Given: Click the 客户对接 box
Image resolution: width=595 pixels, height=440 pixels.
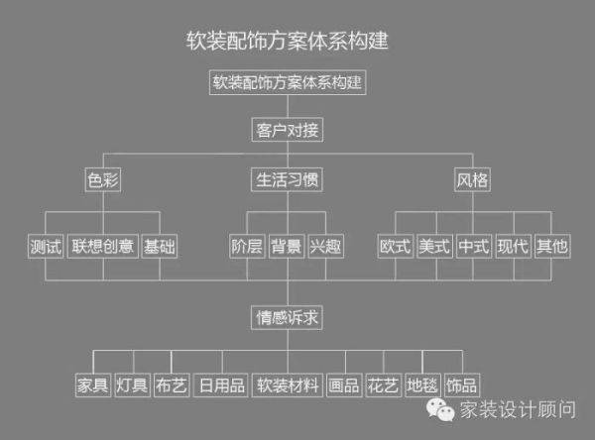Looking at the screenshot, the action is click(288, 130).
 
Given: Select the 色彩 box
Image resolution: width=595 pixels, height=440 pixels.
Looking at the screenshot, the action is click(103, 179).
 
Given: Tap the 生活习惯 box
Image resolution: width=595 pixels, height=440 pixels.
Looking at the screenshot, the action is click(287, 179).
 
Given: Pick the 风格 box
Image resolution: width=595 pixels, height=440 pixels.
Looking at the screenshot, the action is click(472, 179).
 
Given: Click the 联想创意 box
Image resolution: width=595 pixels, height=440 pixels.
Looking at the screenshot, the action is click(103, 246).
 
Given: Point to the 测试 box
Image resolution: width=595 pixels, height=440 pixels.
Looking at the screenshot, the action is click(46, 246).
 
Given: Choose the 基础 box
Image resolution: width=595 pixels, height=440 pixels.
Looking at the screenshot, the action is click(160, 246).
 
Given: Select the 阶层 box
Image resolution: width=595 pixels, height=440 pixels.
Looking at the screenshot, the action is click(247, 246).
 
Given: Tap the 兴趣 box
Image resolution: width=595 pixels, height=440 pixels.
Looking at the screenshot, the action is click(325, 246).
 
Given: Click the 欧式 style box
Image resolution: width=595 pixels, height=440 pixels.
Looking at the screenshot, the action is click(396, 246).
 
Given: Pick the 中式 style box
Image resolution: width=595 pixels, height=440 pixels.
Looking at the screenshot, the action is click(474, 246).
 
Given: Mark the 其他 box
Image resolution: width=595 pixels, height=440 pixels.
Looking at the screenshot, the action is click(552, 246).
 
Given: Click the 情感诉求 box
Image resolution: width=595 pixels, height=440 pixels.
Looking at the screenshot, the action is click(287, 317).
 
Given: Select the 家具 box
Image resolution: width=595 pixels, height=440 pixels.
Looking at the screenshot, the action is click(93, 385).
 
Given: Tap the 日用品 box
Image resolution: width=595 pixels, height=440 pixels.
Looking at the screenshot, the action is click(221, 385).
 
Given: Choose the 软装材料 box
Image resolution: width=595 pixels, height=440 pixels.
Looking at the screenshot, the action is click(288, 385).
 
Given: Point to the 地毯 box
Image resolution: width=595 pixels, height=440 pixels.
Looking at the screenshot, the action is click(422, 385).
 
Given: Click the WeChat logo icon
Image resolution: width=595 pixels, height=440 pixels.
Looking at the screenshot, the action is click(440, 409).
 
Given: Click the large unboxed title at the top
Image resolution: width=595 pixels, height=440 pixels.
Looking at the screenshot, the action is click(287, 41).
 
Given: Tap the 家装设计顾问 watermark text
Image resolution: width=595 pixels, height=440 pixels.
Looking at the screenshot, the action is click(518, 409).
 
